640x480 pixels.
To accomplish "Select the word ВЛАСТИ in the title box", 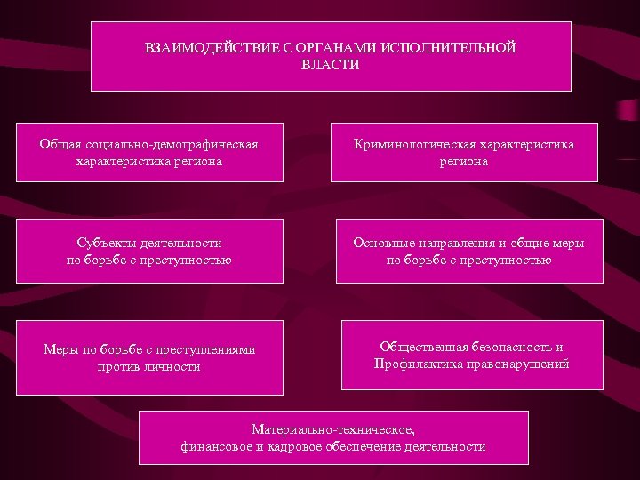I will coord(331,65).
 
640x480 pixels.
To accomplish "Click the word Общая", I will coord(60,144).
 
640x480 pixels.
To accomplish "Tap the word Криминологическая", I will coord(413,144).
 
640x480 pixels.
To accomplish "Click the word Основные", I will coord(382,242).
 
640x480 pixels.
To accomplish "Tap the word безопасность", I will coord(518,346).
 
